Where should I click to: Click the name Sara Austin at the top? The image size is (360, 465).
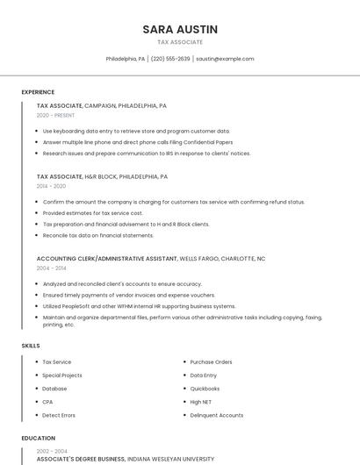click(179, 29)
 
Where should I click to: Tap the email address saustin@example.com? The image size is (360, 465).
click(225, 59)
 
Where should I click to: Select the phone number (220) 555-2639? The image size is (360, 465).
click(170, 59)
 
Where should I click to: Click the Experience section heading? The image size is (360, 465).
click(38, 92)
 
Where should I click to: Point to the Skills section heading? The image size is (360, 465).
click(31, 346)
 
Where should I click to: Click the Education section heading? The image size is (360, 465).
click(39, 438)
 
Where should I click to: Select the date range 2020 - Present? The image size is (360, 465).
click(55, 115)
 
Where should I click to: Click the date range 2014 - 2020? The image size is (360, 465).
click(51, 186)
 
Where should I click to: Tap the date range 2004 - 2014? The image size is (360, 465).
click(51, 268)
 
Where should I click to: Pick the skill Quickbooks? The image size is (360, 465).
click(205, 389)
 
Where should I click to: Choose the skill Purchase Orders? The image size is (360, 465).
click(211, 361)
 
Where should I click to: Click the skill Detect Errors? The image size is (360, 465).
click(59, 415)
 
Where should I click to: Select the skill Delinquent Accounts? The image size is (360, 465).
click(217, 415)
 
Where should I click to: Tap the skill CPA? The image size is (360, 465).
click(47, 402)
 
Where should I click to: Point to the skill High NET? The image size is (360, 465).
click(201, 402)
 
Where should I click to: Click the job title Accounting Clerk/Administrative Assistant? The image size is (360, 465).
click(106, 259)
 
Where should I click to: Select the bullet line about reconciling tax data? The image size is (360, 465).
click(98, 235)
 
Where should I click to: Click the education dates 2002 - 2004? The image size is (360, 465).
click(51, 451)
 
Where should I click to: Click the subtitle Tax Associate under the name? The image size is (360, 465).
click(179, 42)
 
